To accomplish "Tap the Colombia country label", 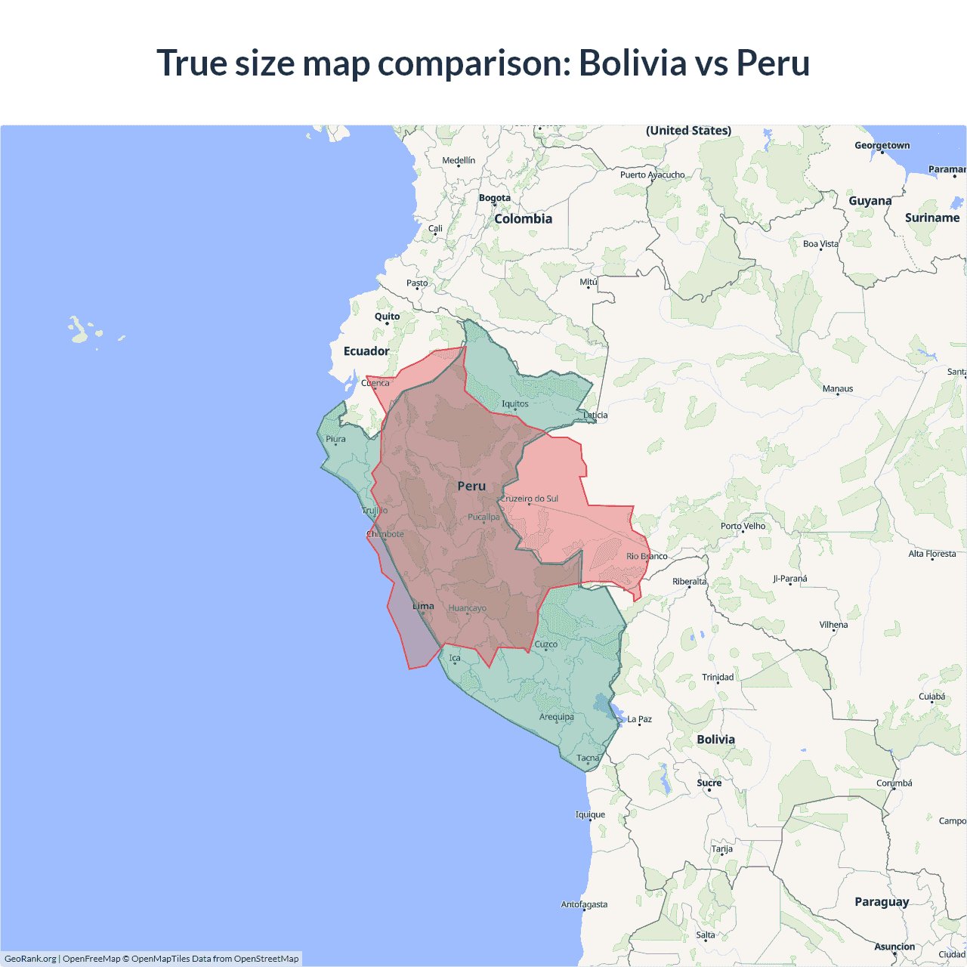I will (x=523, y=219).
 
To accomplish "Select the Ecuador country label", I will (x=366, y=351).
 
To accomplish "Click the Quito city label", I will (x=387, y=317).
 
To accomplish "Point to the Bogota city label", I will (x=495, y=198).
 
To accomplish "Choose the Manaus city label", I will (x=837, y=389).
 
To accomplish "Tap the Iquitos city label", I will (x=515, y=404).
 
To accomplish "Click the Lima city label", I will (x=423, y=606).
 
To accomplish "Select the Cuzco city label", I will (x=545, y=644).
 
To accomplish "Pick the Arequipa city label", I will (x=556, y=717).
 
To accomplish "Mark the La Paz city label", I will (x=639, y=719).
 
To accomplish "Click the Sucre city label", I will (x=709, y=783).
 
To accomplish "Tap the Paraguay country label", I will (x=882, y=901).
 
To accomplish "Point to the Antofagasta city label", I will (x=583, y=904).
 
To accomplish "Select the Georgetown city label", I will (x=882, y=146).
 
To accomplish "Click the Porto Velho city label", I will (x=743, y=526).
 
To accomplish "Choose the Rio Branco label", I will (x=647, y=556).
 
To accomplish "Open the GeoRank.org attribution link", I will (x=30, y=959).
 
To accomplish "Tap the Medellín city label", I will (x=459, y=160).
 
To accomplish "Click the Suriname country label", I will (x=931, y=218).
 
